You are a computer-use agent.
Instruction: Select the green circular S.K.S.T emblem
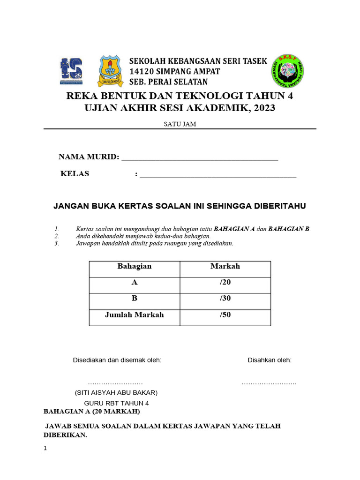click(x=287, y=72)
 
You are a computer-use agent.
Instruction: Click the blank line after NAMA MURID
click(x=200, y=158)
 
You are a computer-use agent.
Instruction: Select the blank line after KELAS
click(x=218, y=175)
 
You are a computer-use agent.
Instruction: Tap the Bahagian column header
click(x=135, y=266)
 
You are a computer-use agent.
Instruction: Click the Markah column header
click(x=225, y=266)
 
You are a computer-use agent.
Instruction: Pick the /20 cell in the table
click(x=225, y=283)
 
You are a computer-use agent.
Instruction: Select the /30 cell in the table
click(x=225, y=299)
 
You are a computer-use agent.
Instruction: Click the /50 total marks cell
click(x=225, y=315)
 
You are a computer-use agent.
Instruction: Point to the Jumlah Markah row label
click(x=135, y=315)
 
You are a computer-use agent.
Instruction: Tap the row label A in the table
click(x=135, y=283)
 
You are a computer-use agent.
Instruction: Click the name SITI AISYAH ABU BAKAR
click(x=116, y=392)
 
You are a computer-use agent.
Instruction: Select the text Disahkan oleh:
click(x=270, y=360)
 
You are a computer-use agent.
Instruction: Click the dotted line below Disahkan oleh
click(x=269, y=383)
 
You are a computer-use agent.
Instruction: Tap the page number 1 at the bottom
click(x=45, y=448)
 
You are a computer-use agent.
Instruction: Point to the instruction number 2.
click(x=57, y=236)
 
